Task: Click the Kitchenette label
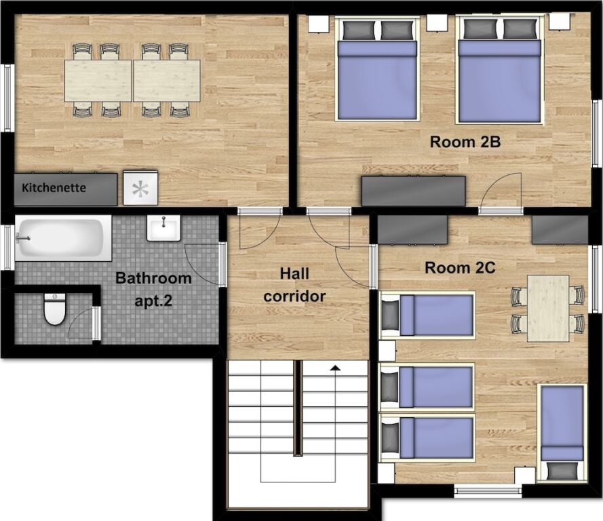point(54,188)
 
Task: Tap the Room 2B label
point(465,142)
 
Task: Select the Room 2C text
point(460,267)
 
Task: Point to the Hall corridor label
point(294,285)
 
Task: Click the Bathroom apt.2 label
point(153,289)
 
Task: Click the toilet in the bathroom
point(55,309)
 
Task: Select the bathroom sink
point(163,228)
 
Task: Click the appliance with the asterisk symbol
point(140,188)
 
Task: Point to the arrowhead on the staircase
point(336,368)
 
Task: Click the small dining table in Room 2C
point(548,308)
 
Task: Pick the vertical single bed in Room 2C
point(562,432)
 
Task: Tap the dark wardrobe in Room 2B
point(413,191)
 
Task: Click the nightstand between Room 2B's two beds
point(437,23)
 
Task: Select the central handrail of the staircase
point(297,408)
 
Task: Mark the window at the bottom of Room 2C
point(488,492)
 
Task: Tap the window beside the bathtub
point(7,248)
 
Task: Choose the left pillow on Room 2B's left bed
point(358,30)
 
